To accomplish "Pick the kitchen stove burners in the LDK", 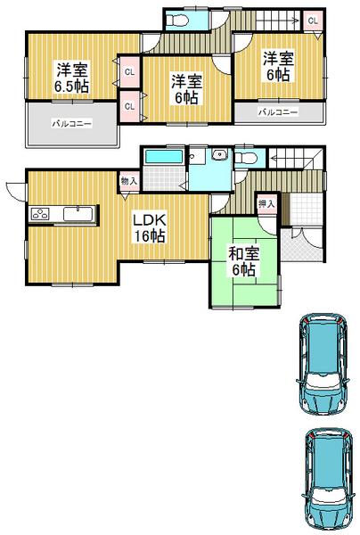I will click(x=42, y=214).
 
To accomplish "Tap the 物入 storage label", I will click(x=128, y=181).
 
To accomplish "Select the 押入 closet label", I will click(x=266, y=204).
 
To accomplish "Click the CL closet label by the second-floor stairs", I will click(x=312, y=20).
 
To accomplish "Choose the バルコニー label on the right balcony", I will click(x=277, y=113).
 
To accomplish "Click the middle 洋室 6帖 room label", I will click(x=187, y=89).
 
